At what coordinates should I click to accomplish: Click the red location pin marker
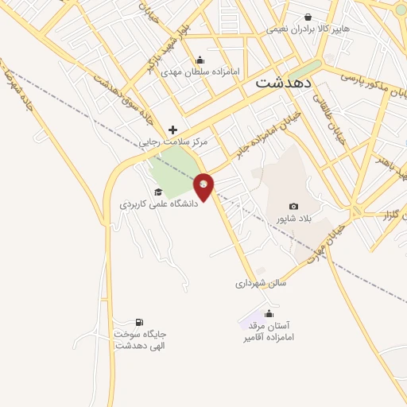203,186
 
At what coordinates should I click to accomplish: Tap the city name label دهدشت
284,82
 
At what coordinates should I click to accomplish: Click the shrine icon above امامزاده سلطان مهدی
200,59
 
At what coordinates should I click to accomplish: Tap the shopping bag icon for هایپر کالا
308,16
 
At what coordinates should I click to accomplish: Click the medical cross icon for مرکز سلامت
172,130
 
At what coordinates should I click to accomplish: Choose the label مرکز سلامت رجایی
174,141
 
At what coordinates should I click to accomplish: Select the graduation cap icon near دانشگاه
157,192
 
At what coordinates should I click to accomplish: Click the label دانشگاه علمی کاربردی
158,204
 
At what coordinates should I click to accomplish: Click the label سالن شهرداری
260,282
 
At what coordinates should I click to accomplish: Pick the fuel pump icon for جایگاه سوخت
140,322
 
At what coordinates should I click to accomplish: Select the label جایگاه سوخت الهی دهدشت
140,339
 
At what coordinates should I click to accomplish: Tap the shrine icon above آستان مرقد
268,313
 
